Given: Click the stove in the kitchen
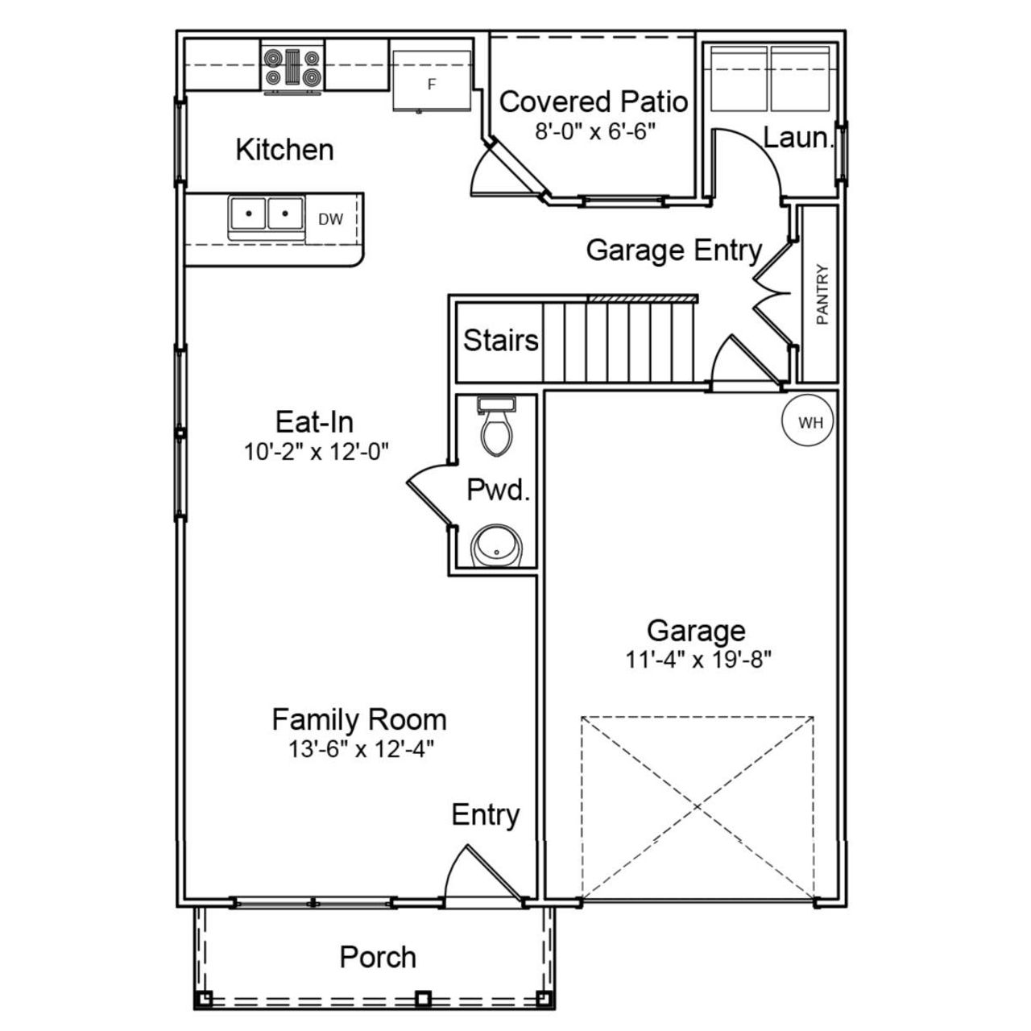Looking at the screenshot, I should [x=292, y=68].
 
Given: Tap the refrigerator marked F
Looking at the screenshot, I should [x=432, y=81].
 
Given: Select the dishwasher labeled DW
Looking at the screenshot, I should [x=331, y=219].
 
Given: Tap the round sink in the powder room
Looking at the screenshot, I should [x=497, y=548].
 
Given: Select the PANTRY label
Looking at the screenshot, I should [x=822, y=295].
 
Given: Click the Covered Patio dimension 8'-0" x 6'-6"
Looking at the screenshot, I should [x=596, y=131].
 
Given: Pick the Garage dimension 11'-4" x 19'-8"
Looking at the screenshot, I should [x=698, y=660].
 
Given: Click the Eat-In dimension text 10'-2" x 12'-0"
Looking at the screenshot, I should [x=317, y=452].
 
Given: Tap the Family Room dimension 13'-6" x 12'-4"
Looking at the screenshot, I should [x=361, y=749].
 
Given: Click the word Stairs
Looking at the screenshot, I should [x=500, y=340].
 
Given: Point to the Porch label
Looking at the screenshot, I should [x=378, y=957].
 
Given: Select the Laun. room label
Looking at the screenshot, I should [x=797, y=138].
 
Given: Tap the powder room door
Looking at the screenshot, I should [x=429, y=497].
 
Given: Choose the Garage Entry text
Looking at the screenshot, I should [x=673, y=251].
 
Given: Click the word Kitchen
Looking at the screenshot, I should [x=284, y=150].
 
